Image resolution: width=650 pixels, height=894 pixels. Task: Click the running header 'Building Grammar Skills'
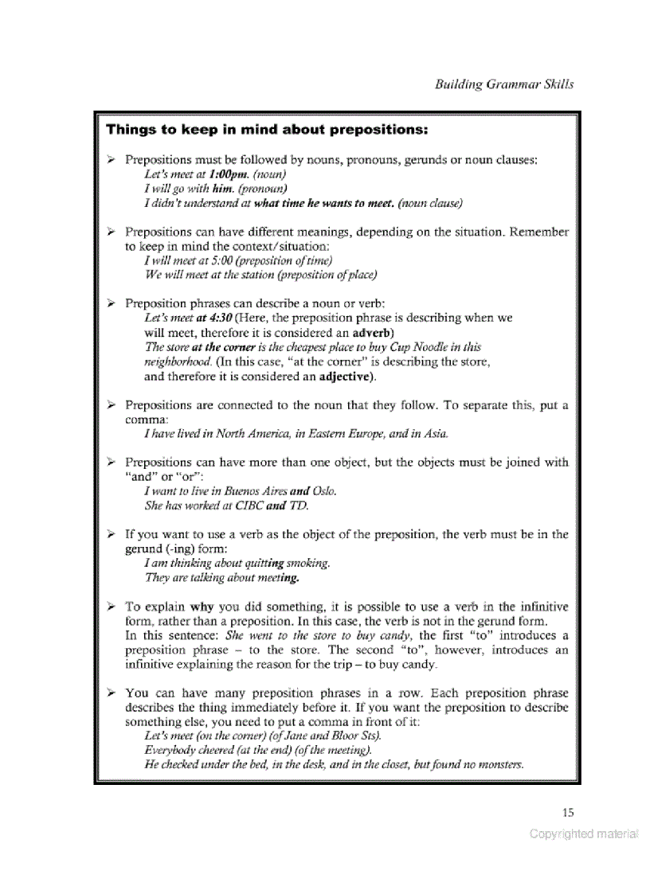click(x=503, y=84)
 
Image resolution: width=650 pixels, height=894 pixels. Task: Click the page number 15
click(x=567, y=812)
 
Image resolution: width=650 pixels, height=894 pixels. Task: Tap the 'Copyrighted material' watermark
click(x=584, y=833)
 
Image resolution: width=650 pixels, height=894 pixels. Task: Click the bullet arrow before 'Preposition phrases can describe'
click(x=112, y=303)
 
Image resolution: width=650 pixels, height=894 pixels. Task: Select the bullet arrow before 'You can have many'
click(x=112, y=693)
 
